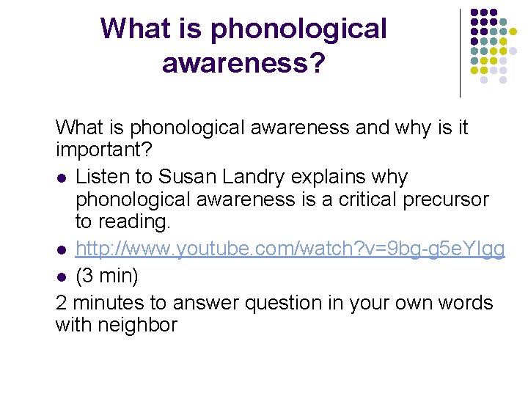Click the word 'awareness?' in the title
[x=243, y=62]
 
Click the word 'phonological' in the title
[x=298, y=29]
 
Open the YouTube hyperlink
[x=290, y=249]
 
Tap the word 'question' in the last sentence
[x=287, y=302]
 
